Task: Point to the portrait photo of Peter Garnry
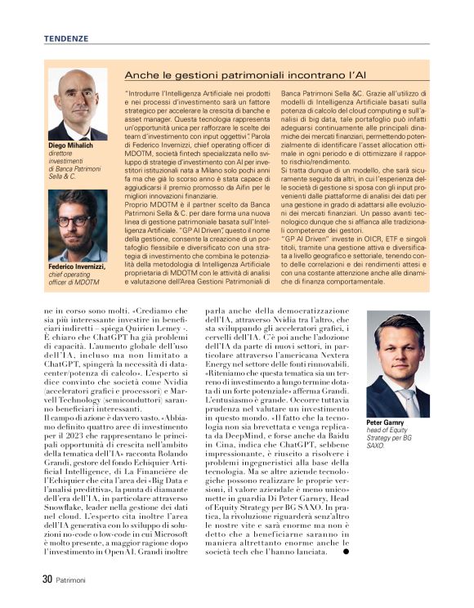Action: click(x=397, y=364)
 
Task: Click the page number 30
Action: click(x=47, y=580)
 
